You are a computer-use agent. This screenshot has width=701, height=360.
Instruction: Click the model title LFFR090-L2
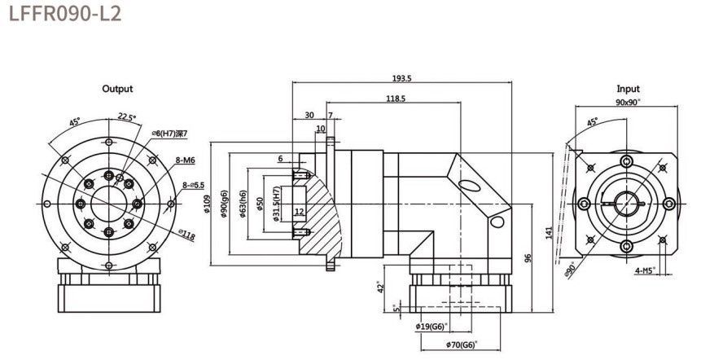[x=65, y=14]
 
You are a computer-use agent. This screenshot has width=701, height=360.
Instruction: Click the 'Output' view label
[x=117, y=89]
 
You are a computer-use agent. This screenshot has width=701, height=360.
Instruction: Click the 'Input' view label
[x=628, y=89]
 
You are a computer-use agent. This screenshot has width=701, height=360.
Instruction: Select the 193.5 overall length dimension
[x=401, y=78]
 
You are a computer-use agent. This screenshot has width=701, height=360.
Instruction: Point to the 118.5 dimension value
[x=396, y=99]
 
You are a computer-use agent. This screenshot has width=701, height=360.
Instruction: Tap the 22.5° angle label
[x=127, y=116]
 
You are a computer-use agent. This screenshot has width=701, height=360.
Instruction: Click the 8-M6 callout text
[x=186, y=160]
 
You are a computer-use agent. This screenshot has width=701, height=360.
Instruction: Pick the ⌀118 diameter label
[x=187, y=235]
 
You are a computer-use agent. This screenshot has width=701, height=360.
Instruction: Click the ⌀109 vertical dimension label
[x=207, y=204]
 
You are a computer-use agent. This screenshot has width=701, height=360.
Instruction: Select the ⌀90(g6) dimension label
[x=225, y=204]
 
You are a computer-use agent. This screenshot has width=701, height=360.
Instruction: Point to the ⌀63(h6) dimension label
[x=243, y=204]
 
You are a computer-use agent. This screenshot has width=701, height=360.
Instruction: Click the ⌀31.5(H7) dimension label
[x=276, y=204]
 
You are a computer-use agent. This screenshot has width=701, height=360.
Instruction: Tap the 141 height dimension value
[x=549, y=232]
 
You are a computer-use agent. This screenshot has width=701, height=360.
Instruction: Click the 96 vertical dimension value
[x=528, y=258]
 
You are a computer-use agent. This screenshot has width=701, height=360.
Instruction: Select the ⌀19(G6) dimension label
[x=432, y=327]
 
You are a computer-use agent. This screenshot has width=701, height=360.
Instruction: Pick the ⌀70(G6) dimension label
[x=462, y=345]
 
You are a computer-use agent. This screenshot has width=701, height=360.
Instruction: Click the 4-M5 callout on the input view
[x=645, y=270]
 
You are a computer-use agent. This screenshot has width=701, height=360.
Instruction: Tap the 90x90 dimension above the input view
[x=628, y=102]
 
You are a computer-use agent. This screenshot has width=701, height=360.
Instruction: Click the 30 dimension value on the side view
[x=309, y=115]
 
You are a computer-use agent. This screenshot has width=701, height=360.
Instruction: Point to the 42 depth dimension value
[x=381, y=287]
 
